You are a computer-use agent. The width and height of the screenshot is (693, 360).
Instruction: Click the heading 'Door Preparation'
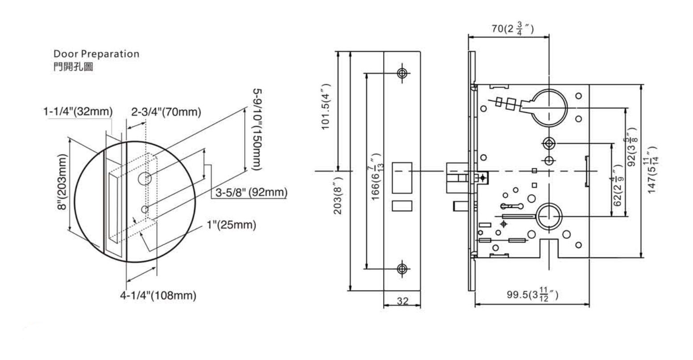point(96,54)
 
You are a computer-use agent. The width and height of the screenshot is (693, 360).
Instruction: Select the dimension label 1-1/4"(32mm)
point(78,112)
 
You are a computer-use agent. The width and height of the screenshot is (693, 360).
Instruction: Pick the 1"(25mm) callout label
point(231,225)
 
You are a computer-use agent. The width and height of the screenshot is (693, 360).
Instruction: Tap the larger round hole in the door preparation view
point(145,179)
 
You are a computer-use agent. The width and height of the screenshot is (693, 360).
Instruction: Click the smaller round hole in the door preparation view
point(144,209)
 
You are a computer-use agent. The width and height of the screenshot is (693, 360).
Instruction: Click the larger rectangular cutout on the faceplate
point(402,178)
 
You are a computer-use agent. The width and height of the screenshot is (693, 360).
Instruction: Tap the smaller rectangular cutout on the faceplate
point(402,205)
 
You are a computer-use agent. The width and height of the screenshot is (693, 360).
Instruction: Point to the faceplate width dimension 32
point(403,301)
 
